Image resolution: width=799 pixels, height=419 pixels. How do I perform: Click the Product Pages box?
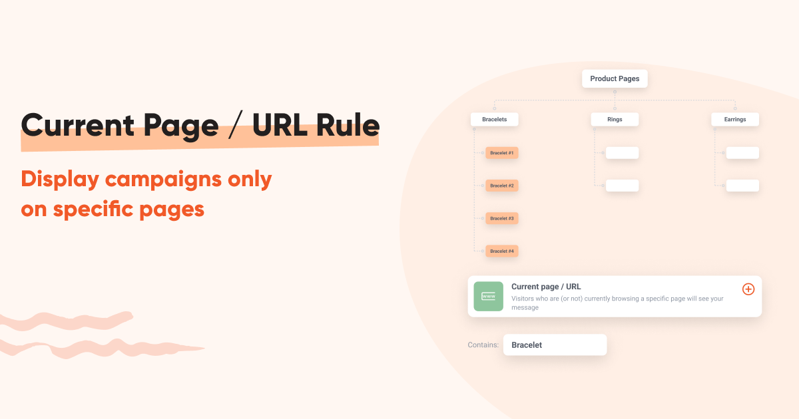[615, 78]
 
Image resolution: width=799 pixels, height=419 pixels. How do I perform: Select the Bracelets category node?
[494, 120]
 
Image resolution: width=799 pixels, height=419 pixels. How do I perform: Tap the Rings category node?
[615, 120]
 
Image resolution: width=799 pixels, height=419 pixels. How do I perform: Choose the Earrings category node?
[735, 120]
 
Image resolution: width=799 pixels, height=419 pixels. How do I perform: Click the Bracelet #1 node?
[502, 153]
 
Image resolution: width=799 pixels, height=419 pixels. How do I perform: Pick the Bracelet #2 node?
[502, 186]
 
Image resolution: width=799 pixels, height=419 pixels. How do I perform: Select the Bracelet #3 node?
[502, 218]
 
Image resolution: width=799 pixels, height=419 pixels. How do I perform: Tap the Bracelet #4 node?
[502, 251]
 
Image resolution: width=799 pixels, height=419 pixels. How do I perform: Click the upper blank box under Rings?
[622, 153]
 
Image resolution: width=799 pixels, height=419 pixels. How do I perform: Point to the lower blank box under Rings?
[622, 186]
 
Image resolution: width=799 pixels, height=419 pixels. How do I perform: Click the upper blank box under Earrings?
[742, 153]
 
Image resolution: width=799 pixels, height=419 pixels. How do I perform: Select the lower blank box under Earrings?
[742, 186]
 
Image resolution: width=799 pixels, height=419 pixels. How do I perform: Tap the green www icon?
[489, 296]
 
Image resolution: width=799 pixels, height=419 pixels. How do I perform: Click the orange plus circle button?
[748, 289]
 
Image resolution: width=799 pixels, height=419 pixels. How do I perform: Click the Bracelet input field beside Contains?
[555, 345]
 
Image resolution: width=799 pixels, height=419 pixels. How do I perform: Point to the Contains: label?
[483, 345]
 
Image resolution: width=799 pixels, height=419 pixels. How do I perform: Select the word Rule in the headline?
[348, 126]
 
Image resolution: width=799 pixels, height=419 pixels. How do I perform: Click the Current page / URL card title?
[546, 287]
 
